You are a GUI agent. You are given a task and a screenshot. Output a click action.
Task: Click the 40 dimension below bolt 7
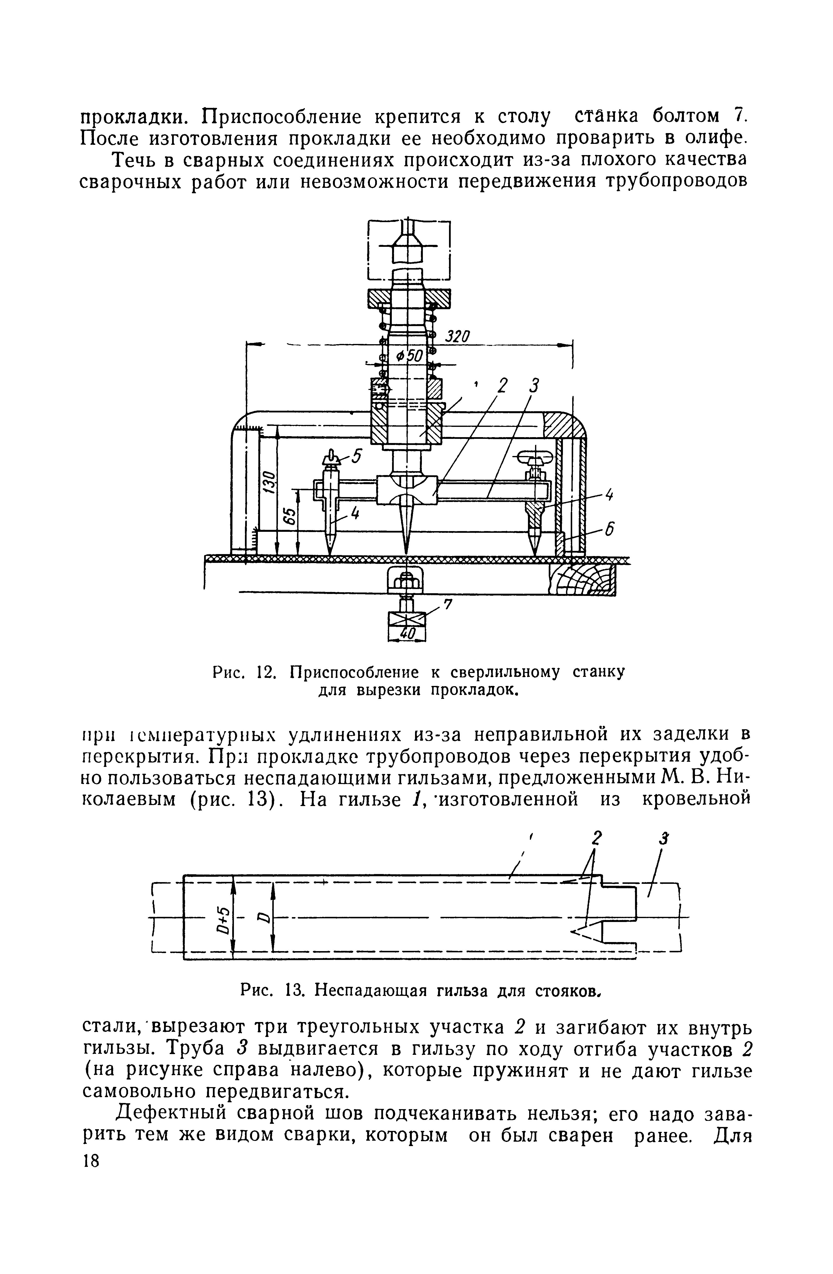pyautogui.click(x=407, y=633)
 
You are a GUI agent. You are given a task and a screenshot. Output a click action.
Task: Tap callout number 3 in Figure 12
pyautogui.click(x=533, y=386)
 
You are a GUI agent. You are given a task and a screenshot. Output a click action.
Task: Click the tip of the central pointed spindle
pyautogui.click(x=407, y=550)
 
